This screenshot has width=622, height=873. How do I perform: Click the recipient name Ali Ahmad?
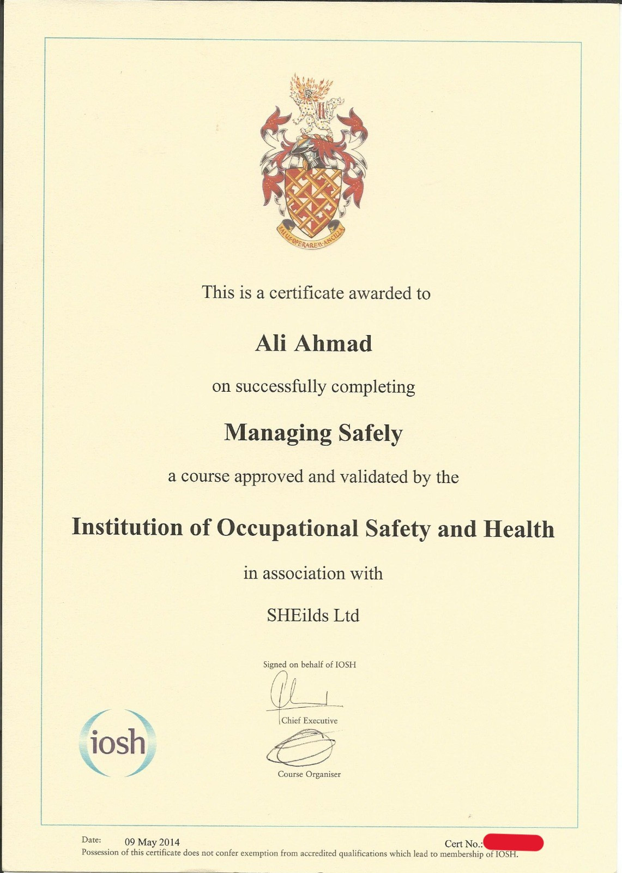pyautogui.click(x=313, y=344)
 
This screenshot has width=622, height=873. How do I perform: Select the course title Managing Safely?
pyautogui.click(x=313, y=433)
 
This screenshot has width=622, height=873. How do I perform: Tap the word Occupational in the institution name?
pyautogui.click(x=287, y=528)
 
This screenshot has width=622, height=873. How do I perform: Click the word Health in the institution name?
pyautogui.click(x=518, y=529)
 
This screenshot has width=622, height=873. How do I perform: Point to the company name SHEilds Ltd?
pyautogui.click(x=313, y=615)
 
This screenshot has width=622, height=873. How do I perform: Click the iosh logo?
pyautogui.click(x=118, y=743)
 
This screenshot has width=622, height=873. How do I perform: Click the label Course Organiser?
pyautogui.click(x=309, y=774)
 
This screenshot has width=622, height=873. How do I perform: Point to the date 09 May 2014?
pyautogui.click(x=152, y=842)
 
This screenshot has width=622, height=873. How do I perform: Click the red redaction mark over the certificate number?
pyautogui.click(x=513, y=842)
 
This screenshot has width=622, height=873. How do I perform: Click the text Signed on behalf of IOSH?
pyautogui.click(x=309, y=665)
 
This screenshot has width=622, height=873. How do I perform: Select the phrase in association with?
pyautogui.click(x=313, y=573)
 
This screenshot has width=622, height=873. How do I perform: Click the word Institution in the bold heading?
pyautogui.click(x=127, y=527)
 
